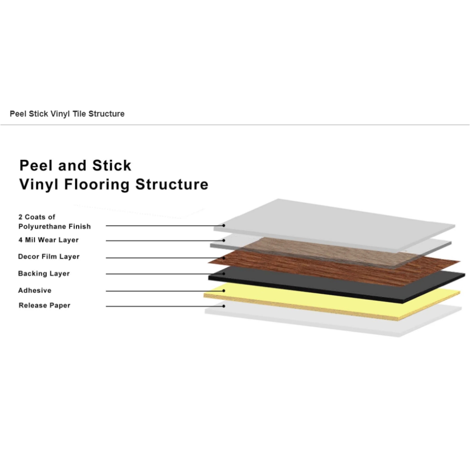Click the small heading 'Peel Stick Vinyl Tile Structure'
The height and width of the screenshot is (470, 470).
(x=67, y=114)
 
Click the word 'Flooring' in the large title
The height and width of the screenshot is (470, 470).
(x=97, y=185)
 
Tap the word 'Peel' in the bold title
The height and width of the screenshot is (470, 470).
(x=36, y=165)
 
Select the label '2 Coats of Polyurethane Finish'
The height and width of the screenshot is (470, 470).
(x=54, y=222)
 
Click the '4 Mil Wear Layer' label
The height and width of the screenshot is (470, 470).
(x=49, y=240)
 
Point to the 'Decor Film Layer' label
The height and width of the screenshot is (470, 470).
(x=49, y=257)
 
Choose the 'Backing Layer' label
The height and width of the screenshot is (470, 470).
(x=44, y=274)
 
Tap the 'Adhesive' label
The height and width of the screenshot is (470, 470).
(x=35, y=290)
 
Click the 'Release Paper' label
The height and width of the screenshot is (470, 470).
(x=44, y=305)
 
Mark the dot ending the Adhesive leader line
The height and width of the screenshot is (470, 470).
(x=224, y=291)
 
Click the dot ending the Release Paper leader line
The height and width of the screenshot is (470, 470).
(x=224, y=306)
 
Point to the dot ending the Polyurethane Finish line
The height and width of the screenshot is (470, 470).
(x=224, y=225)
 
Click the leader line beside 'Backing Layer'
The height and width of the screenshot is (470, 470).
(x=165, y=274)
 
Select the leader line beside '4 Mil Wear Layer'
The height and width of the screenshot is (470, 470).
(x=165, y=240)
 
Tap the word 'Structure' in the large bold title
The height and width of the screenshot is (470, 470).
(x=172, y=184)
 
